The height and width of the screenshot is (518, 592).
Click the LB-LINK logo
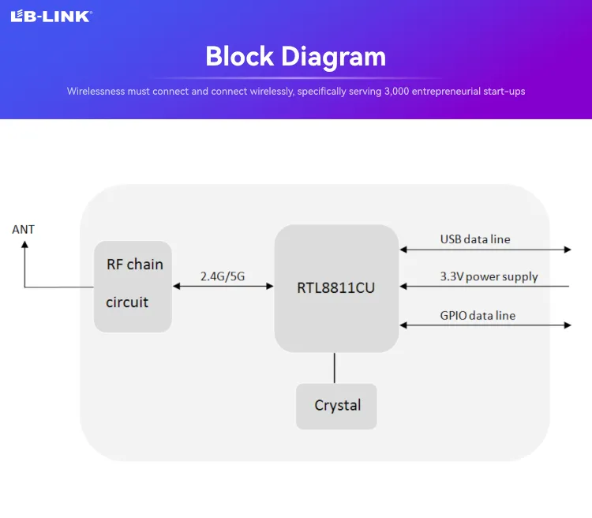tap(51, 16)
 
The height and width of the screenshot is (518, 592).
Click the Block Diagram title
tap(296, 56)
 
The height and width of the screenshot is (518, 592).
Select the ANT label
tap(24, 230)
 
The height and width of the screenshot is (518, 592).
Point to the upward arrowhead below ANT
tap(24, 246)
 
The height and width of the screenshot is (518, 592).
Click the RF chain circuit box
tap(133, 287)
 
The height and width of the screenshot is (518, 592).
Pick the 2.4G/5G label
tap(223, 276)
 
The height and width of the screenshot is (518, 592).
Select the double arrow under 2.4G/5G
tap(223, 287)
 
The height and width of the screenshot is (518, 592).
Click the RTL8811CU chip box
tap(335, 288)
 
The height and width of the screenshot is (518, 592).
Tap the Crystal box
tap(336, 406)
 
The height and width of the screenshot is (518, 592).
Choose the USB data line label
tap(475, 238)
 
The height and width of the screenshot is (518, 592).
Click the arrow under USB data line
tap(485, 250)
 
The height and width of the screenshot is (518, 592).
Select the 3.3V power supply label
tap(489, 276)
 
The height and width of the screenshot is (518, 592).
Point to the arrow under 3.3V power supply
tap(485, 287)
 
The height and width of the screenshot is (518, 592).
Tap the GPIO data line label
tap(478, 315)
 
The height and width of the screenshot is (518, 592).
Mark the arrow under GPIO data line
tap(485, 325)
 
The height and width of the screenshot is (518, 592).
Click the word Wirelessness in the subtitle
tap(96, 92)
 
